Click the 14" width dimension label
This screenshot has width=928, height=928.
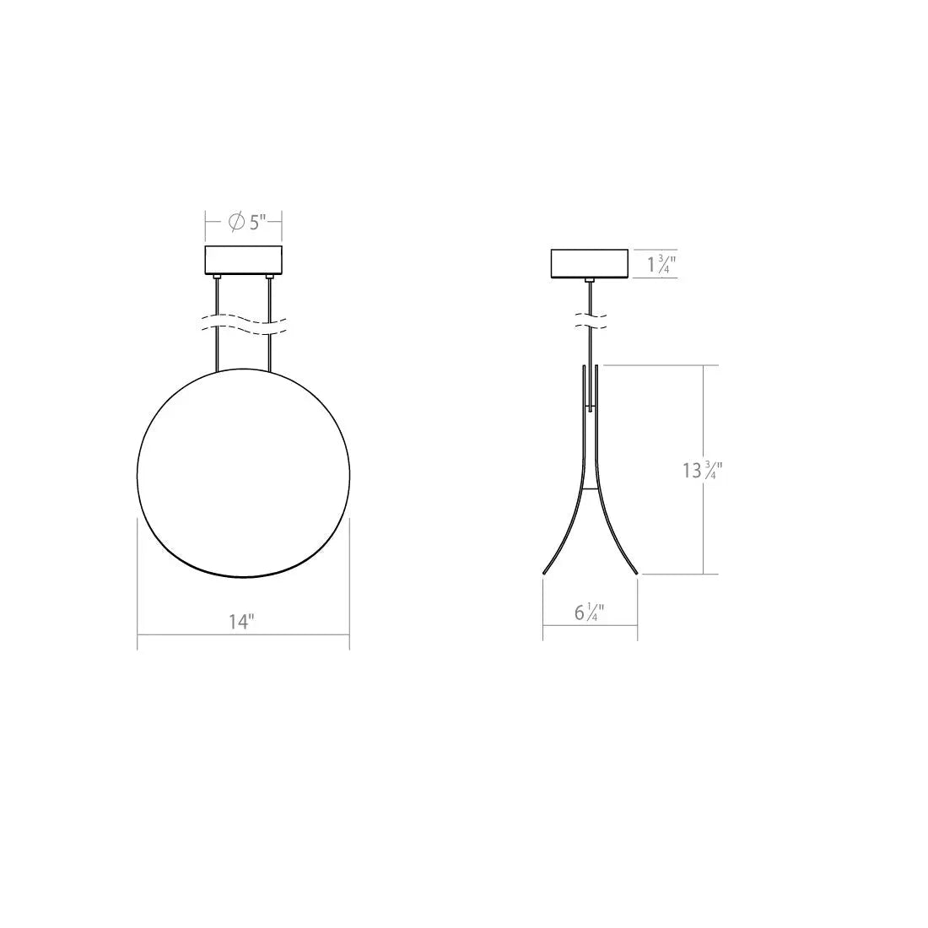pyautogui.click(x=241, y=622)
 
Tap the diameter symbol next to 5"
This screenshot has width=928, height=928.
pyautogui.click(x=236, y=223)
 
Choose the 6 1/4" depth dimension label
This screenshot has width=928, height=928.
pyautogui.click(x=590, y=612)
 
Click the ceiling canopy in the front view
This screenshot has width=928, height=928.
pyautogui.click(x=243, y=261)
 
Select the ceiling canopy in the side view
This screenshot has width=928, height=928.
pyautogui.click(x=589, y=263)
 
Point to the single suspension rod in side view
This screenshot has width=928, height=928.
pyautogui.click(x=590, y=346)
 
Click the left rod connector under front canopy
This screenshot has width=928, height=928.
pyautogui.click(x=218, y=278)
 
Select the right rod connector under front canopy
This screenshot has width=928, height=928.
pyautogui.click(x=269, y=278)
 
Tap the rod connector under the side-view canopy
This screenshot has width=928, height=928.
pyautogui.click(x=590, y=280)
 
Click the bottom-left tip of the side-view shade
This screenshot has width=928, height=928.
pyautogui.click(x=544, y=573)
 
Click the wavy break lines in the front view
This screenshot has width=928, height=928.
pyautogui.click(x=243, y=324)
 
